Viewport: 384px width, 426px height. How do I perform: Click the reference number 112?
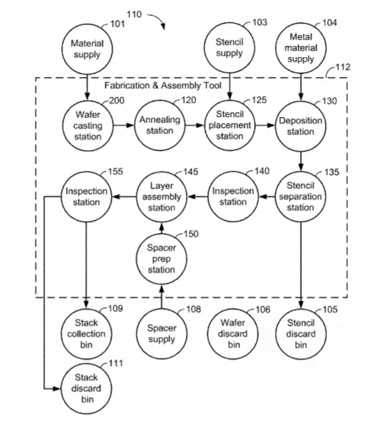point(343,67)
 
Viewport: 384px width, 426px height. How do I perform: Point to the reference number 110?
point(134,14)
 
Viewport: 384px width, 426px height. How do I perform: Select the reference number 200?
point(116,100)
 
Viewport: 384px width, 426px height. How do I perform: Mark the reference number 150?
point(191,234)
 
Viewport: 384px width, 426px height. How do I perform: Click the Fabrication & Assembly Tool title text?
point(163,86)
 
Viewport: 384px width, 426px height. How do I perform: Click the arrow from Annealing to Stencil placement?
point(195,125)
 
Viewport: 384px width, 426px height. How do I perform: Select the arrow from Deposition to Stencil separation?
point(301,161)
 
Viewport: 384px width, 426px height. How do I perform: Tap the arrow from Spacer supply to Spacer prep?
point(161,297)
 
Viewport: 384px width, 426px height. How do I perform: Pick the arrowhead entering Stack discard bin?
point(57,389)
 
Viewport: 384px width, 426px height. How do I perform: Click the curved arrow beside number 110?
point(158,19)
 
